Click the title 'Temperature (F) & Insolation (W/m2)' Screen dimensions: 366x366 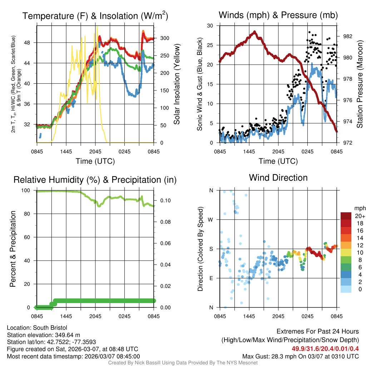[x=95, y=16]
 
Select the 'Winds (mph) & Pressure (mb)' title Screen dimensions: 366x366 [x=278, y=15]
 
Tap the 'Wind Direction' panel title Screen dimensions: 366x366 [x=278, y=177]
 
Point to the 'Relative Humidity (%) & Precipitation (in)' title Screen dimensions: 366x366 [x=95, y=179]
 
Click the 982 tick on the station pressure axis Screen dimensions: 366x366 [x=347, y=36]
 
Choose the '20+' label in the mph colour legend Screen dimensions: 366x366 [x=359, y=216]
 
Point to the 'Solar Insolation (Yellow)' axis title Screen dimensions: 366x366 [x=177, y=84]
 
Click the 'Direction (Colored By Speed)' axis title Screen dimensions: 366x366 [x=200, y=249]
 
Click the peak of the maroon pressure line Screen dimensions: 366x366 [x=254, y=32]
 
